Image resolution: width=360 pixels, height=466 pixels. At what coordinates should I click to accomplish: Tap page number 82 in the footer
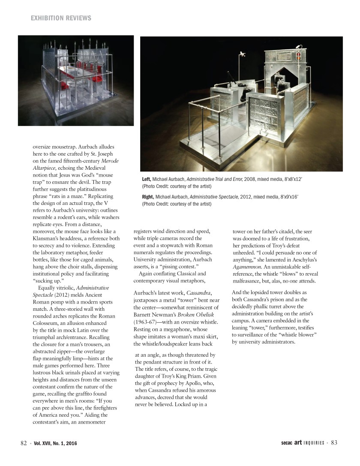(24, 443)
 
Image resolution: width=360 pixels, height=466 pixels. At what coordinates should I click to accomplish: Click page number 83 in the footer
(334, 443)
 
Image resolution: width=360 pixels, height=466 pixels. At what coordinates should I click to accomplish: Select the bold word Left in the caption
(147, 179)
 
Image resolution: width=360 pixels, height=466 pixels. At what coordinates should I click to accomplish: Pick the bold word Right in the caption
(148, 196)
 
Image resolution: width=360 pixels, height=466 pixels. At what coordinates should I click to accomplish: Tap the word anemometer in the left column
(96, 422)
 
